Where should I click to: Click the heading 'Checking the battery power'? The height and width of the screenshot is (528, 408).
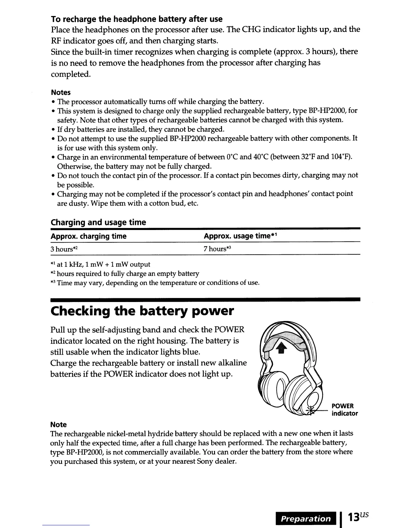point(142,311)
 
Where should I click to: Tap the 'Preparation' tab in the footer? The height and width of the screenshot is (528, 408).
point(306,519)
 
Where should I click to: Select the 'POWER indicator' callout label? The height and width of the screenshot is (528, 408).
point(345,410)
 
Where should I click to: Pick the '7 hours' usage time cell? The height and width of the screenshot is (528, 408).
point(217,249)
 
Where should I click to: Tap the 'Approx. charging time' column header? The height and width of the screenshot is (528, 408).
point(88,236)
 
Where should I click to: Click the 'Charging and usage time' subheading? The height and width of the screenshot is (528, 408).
point(98,222)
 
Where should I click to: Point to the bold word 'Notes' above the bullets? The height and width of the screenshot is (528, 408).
point(60,92)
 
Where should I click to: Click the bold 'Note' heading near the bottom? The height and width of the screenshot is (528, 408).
point(58,425)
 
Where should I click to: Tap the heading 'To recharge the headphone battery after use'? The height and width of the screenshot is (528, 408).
point(136,19)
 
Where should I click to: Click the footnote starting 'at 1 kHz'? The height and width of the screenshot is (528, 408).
point(100,265)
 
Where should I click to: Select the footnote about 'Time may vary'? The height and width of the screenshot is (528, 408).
point(155,283)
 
